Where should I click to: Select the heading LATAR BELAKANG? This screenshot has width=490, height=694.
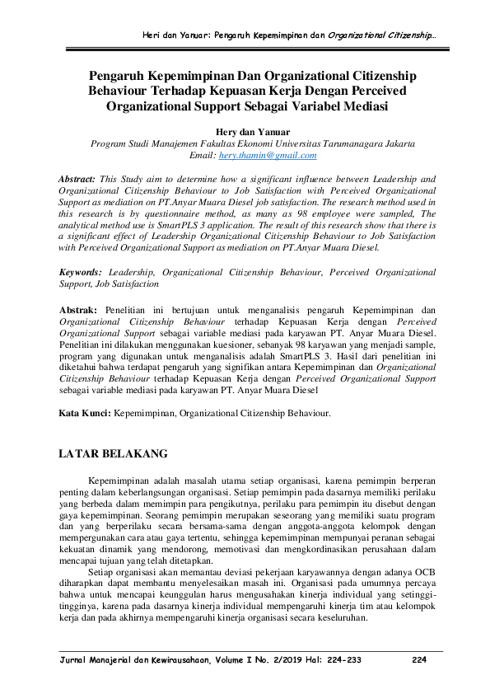coord(115,453)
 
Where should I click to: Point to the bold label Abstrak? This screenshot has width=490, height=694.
coord(78,309)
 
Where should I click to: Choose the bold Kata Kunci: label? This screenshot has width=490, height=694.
coord(86,410)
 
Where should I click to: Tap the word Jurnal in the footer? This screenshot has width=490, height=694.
coord(68,660)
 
